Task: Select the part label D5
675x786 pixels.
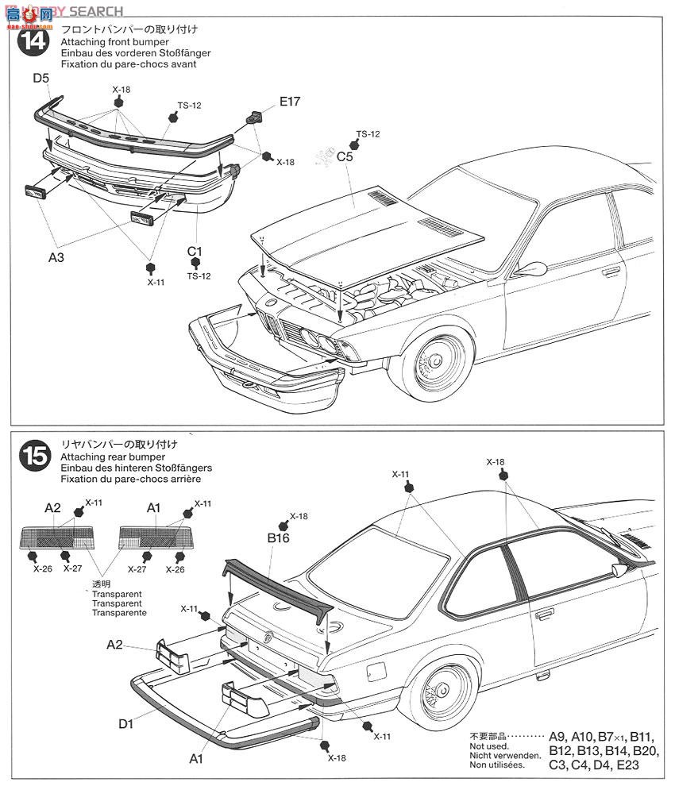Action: coord(41,79)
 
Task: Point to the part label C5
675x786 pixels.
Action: coord(345,157)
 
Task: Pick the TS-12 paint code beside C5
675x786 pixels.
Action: coord(368,134)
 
